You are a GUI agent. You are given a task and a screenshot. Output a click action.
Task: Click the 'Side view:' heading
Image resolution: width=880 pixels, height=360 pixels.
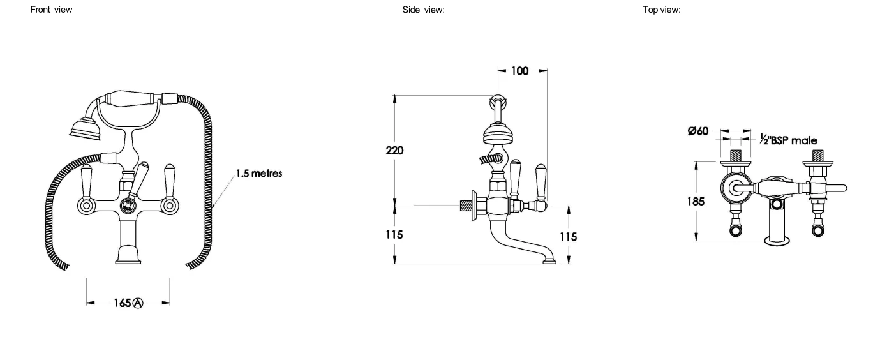click(x=419, y=10)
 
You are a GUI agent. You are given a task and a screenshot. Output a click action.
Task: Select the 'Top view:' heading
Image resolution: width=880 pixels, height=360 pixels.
click(x=663, y=10)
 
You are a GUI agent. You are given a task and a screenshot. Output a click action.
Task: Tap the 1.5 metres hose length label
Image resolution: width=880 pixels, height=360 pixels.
click(x=259, y=173)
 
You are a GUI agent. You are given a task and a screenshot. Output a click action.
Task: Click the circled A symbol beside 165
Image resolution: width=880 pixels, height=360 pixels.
click(x=137, y=303)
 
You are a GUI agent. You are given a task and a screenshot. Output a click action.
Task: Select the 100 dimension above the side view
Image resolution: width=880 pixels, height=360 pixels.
click(x=520, y=71)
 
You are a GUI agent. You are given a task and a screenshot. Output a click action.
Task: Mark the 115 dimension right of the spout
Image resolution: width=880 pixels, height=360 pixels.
click(x=568, y=237)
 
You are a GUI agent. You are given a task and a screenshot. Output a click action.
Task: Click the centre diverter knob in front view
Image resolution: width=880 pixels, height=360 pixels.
click(x=128, y=205)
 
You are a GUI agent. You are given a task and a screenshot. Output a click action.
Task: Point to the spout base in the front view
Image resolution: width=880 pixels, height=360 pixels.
click(x=128, y=257)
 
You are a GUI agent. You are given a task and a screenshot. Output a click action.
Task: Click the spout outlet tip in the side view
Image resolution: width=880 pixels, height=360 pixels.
click(x=549, y=260)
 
